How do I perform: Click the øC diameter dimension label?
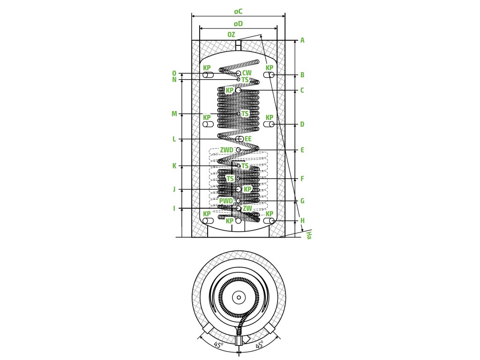pyautogui.click(x=238, y=12)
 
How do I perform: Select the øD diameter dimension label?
pyautogui.click(x=238, y=24)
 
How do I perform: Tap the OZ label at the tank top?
pyautogui.click(x=231, y=35)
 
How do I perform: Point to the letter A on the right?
pyautogui.click(x=302, y=40)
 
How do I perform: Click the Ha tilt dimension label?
pyautogui.click(x=308, y=235)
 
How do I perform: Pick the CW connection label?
pyautogui.click(x=247, y=73)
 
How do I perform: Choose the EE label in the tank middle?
pyautogui.click(x=248, y=139)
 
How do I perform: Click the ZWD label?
pyautogui.click(x=226, y=150)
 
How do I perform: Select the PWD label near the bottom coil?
pyautogui.click(x=226, y=201)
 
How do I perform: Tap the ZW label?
pyautogui.click(x=247, y=209)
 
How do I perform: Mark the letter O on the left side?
pyautogui.click(x=174, y=74)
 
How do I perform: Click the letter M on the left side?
pyautogui.click(x=174, y=114)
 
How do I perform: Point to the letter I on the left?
pyautogui.click(x=174, y=209)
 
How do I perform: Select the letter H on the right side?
pyautogui.click(x=302, y=221)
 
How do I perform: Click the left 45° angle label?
pyautogui.click(x=218, y=345)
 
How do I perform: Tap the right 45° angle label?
pyautogui.click(x=260, y=345)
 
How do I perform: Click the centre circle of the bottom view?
pyautogui.click(x=239, y=297)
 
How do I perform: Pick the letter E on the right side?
pyautogui.click(x=302, y=150)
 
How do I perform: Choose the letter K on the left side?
pyautogui.click(x=174, y=166)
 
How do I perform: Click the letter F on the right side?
pyautogui.click(x=302, y=179)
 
